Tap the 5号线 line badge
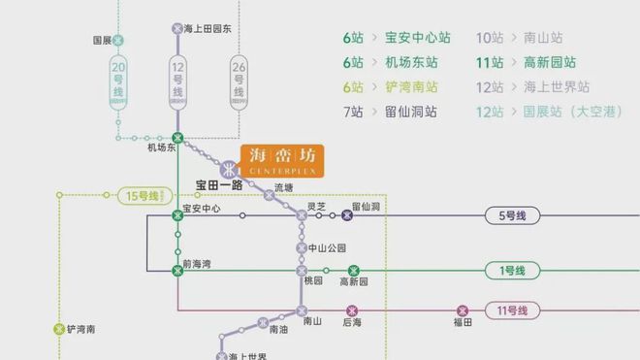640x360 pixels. (511, 215)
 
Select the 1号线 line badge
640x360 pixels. (511, 271)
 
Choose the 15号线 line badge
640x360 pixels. (142, 196)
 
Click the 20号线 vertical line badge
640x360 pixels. (118, 79)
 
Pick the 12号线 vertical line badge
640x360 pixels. (176, 79)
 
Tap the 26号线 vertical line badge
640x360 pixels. (239, 79)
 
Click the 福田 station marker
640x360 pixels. (462, 311)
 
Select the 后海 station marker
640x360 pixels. (351, 311)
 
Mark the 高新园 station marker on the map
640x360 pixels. (354, 271)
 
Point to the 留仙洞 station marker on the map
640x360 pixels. (347, 215)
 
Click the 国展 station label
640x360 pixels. (102, 41)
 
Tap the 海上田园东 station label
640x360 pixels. (208, 29)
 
